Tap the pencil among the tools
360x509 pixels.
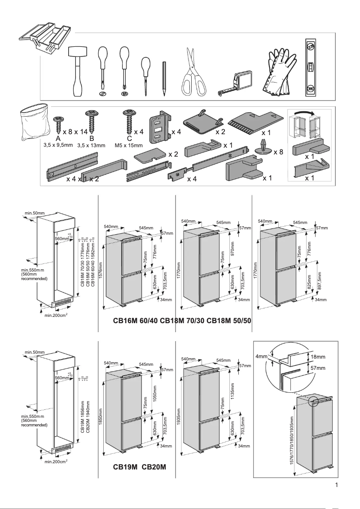pos(164,79)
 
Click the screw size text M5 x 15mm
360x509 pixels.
pos(128,145)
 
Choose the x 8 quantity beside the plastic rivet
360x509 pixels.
pos(278,152)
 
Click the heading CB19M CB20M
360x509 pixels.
pos(140,467)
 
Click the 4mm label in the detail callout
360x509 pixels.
pos(261,357)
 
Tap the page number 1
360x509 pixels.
pos(336,485)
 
